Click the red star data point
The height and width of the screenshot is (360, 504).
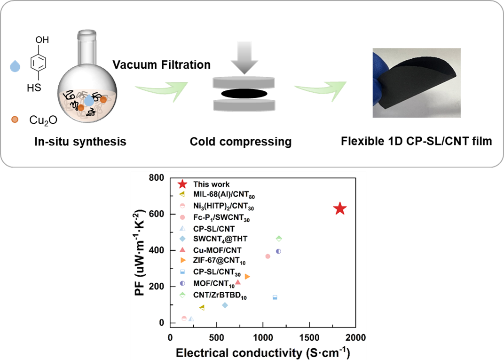[340, 209]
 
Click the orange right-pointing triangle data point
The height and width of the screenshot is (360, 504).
[247, 277]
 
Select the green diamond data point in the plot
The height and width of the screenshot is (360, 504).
[279, 239]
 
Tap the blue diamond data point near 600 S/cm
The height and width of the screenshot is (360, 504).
[225, 305]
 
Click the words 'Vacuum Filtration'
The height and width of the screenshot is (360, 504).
[161, 64]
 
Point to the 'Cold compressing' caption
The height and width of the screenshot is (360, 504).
[241, 142]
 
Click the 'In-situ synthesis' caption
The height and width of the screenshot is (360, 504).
[80, 142]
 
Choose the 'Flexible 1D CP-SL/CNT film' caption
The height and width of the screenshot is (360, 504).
[416, 141]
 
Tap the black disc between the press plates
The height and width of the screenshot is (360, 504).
[244, 94]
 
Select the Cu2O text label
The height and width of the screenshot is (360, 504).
[43, 120]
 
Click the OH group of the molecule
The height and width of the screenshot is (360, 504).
[42, 40]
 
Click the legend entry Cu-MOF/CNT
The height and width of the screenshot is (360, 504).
[217, 250]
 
